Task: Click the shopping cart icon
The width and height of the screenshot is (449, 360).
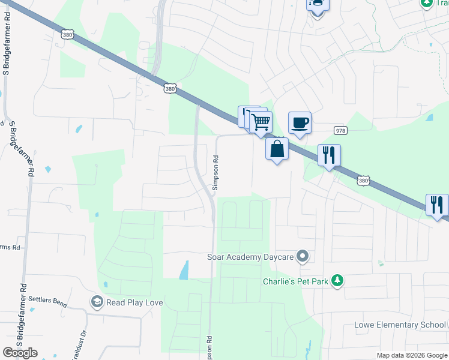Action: tap(261, 122)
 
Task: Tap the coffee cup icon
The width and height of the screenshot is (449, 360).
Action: tap(300, 122)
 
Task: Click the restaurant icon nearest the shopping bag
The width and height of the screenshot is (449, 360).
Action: tap(328, 155)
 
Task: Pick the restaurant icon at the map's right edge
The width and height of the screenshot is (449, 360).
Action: tap(437, 205)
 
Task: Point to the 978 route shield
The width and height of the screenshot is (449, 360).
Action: tap(340, 130)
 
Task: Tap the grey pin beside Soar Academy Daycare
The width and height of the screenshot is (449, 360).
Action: tap(303, 257)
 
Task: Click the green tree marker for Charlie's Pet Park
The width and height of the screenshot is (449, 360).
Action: tap(338, 280)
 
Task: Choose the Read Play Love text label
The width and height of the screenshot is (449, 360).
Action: tap(134, 302)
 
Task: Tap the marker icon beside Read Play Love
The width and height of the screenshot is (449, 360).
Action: tap(96, 301)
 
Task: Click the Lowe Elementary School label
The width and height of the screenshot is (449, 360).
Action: tap(399, 325)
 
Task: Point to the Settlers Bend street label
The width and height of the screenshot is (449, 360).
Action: tap(49, 301)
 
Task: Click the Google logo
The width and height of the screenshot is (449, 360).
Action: tap(20, 352)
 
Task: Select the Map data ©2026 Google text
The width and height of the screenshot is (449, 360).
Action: tap(411, 355)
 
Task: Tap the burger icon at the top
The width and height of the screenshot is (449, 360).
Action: tap(316, 5)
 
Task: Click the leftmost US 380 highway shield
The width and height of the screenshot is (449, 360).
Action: tap(68, 35)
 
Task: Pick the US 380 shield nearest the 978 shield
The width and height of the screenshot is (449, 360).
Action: tap(363, 179)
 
